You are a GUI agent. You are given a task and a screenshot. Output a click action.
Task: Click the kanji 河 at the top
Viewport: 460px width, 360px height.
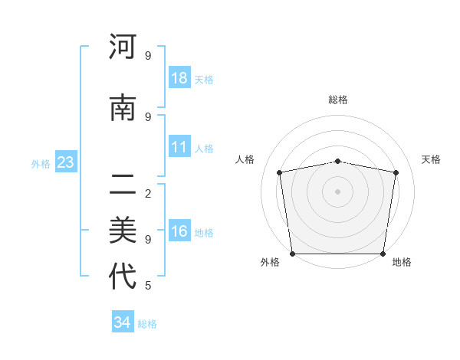click(123, 47)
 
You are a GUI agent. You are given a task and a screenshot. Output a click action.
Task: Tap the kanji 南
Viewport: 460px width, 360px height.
click(123, 108)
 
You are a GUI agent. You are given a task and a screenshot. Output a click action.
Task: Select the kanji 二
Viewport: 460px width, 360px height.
click(123, 183)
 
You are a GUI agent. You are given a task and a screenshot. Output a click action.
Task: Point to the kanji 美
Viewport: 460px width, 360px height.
click(123, 229)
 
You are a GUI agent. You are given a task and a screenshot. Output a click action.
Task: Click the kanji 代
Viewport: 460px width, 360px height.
click(123, 277)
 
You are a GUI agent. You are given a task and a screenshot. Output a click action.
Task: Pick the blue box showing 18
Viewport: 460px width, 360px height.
click(179, 78)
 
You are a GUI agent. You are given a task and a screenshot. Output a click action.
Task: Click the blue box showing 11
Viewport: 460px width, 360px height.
click(179, 147)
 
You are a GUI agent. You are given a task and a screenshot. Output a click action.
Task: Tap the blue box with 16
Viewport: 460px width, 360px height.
click(179, 231)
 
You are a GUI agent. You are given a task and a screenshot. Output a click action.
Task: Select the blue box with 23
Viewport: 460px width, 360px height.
click(66, 162)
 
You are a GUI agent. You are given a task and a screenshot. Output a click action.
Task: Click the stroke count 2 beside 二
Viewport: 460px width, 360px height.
click(147, 193)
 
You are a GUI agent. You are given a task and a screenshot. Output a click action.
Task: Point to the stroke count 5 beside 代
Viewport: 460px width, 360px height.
click(147, 286)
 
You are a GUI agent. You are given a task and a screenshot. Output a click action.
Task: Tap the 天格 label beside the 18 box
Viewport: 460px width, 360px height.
click(204, 79)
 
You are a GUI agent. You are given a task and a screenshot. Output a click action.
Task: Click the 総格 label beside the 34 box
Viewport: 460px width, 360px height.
click(147, 324)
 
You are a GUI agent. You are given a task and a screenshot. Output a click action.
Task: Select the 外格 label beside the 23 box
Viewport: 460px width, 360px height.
click(41, 163)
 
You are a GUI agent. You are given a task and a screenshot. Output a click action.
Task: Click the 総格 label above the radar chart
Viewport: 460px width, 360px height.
click(338, 100)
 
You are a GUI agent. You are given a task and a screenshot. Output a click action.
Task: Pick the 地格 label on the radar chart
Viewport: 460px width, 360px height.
click(402, 262)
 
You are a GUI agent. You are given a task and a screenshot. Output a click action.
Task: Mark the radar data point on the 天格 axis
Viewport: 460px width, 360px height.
click(396, 172)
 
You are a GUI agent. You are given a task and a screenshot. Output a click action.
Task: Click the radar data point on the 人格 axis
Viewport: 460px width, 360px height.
click(280, 172)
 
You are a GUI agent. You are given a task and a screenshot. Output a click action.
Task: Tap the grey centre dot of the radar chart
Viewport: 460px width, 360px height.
click(338, 191)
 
